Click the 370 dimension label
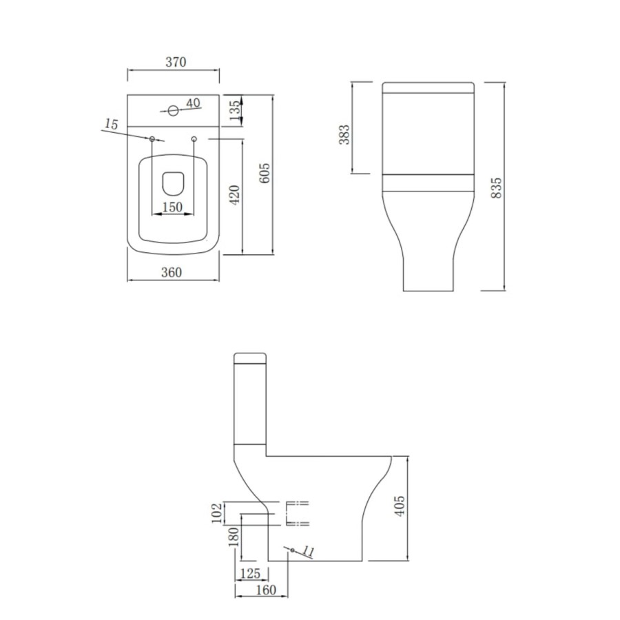tap(176, 62)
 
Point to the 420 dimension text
tap(234, 196)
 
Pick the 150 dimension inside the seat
tap(172, 207)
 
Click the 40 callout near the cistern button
tap(192, 103)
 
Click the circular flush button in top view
tap(173, 110)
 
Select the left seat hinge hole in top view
tap(152, 139)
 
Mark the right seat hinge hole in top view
tap(194, 139)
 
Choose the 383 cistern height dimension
tap(345, 134)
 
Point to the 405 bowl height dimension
tap(400, 506)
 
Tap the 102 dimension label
tap(218, 513)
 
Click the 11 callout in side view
tap(308, 552)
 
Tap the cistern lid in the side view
tap(250, 358)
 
